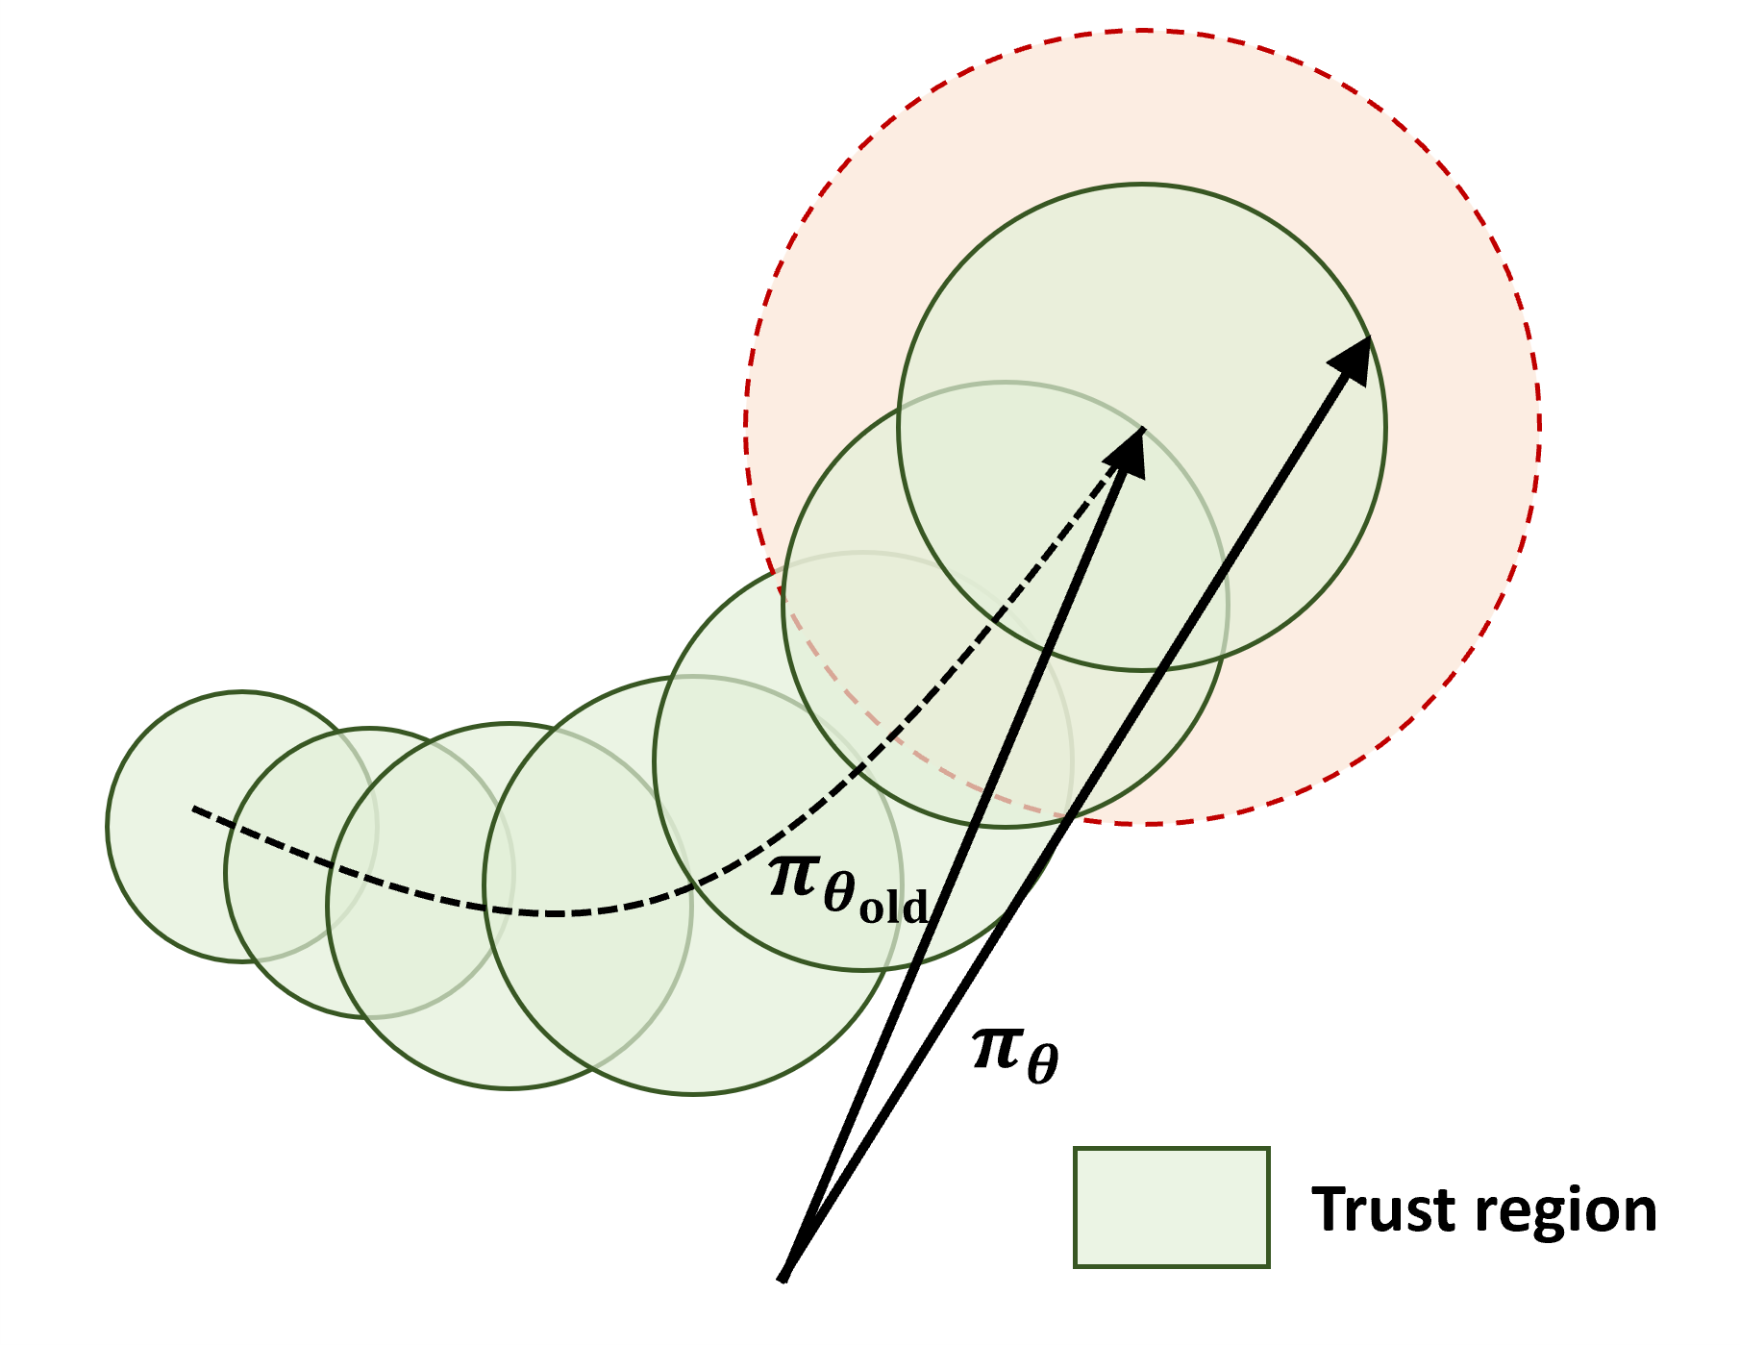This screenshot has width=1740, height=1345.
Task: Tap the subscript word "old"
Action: tap(893, 907)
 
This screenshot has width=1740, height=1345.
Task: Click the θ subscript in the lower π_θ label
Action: tap(1042, 1064)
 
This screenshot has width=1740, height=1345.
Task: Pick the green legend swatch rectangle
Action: tap(1171, 1208)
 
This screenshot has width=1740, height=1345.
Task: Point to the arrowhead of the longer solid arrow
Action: tap(1354, 356)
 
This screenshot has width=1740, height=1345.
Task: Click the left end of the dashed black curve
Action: tap(195, 809)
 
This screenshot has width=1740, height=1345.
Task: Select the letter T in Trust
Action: tap(1328, 1208)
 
